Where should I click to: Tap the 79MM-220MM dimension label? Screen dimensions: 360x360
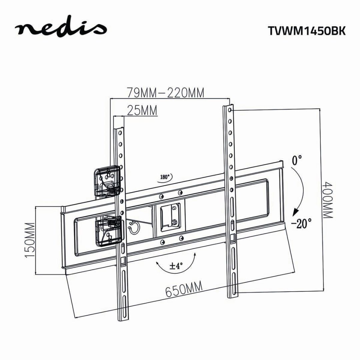tap(165, 93)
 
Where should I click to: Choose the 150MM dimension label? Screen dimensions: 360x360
tap(30, 240)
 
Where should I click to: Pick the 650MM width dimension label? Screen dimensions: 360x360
tap(184, 289)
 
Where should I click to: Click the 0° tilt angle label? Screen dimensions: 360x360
tap(297, 161)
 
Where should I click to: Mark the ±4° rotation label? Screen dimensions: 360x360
tap(176, 266)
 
